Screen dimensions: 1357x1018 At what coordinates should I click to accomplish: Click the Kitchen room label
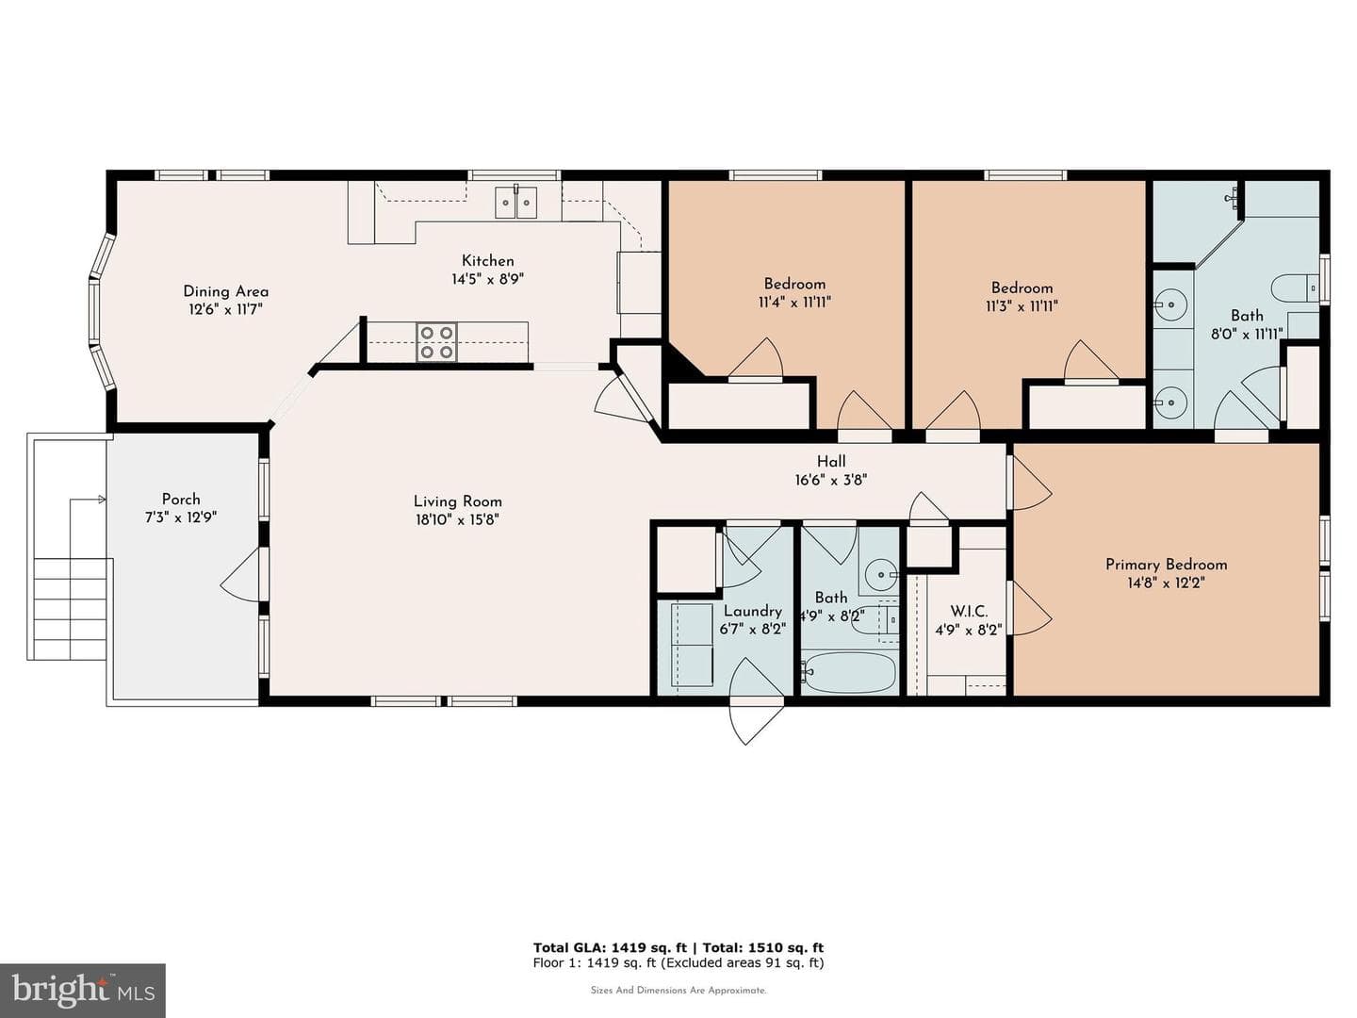[x=487, y=261]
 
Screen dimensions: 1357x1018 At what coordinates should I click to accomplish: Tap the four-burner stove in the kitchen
[x=436, y=342]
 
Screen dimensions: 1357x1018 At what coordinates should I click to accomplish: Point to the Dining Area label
[x=225, y=291]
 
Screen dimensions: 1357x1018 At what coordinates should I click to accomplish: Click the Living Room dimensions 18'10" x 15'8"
[x=457, y=519]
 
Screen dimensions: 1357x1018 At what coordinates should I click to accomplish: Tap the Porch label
[x=181, y=499]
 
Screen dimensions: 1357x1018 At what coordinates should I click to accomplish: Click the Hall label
[x=831, y=461]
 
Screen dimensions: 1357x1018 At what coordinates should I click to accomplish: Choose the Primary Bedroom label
[x=1166, y=565]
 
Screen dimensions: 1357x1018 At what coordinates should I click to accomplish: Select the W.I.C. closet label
[x=969, y=612]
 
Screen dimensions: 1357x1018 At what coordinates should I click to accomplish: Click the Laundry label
[x=752, y=611]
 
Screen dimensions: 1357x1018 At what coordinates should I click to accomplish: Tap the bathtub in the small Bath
[x=849, y=672]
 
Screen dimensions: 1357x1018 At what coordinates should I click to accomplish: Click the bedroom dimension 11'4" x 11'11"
[x=794, y=303]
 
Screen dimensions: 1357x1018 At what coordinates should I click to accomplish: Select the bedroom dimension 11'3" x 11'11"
[x=1022, y=306]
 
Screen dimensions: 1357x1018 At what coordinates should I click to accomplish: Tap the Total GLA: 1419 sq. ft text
[x=610, y=947]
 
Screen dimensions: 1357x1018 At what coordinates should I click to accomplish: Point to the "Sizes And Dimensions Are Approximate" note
[x=678, y=990]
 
